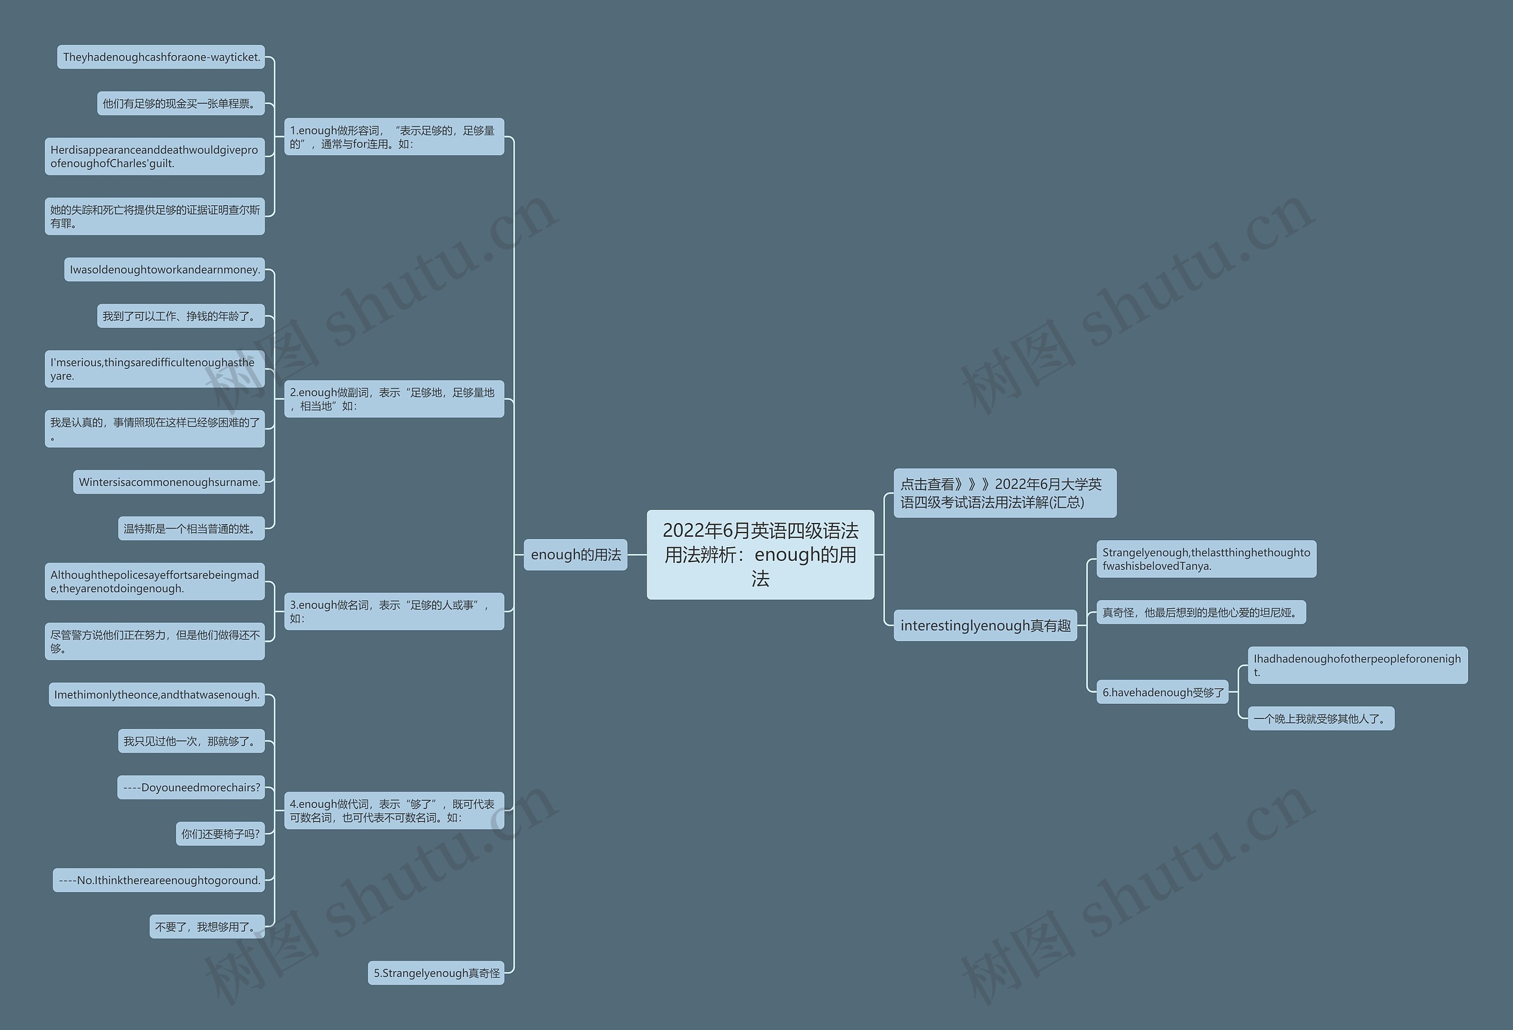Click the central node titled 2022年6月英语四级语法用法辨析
[760, 554]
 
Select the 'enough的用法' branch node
[576, 555]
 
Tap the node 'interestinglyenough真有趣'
[985, 626]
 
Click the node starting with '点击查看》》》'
[1004, 493]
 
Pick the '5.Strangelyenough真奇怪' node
[436, 973]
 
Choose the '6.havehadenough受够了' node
[1162, 692]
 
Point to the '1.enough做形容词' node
[394, 137]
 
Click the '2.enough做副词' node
[394, 398]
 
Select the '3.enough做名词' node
[394, 612]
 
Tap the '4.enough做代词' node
[394, 811]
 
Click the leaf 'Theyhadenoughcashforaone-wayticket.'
[161, 57]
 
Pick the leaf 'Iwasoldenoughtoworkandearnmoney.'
[164, 269]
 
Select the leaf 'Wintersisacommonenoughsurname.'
[168, 482]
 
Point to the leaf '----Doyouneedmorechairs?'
[191, 787]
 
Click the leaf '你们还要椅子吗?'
[220, 833]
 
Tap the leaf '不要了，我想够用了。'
[207, 927]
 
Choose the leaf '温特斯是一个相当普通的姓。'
[191, 528]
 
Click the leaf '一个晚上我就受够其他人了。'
[1320, 718]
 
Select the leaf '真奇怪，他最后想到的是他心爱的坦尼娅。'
[1200, 612]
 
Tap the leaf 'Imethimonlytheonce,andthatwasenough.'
[156, 695]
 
